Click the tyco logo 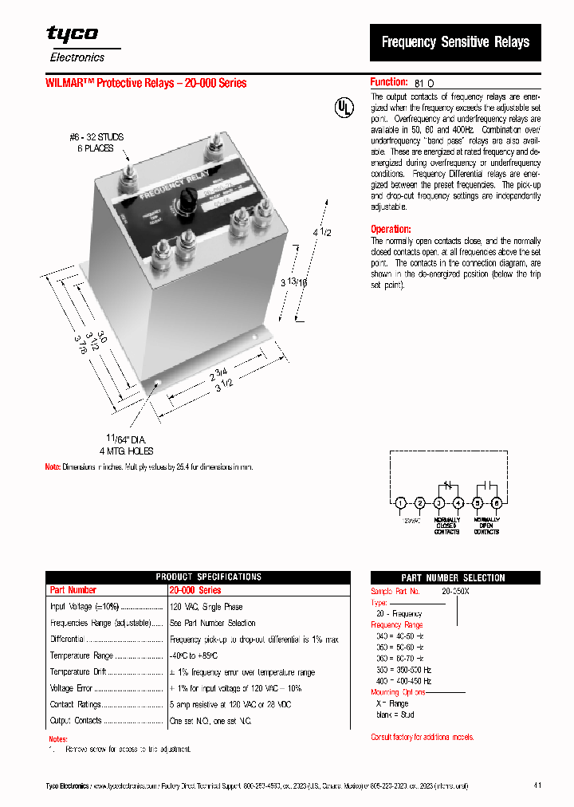(x=72, y=33)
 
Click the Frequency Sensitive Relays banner (x=455, y=42)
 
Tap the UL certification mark (x=341, y=107)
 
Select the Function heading (x=389, y=82)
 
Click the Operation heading (x=391, y=229)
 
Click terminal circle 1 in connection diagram (x=400, y=502)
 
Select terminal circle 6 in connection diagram (x=496, y=502)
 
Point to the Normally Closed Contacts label (x=446, y=526)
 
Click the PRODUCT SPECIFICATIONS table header (x=198, y=577)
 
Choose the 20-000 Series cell (x=195, y=590)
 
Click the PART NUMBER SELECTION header (x=453, y=577)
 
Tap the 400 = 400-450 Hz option (x=403, y=681)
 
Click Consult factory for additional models (x=422, y=737)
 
